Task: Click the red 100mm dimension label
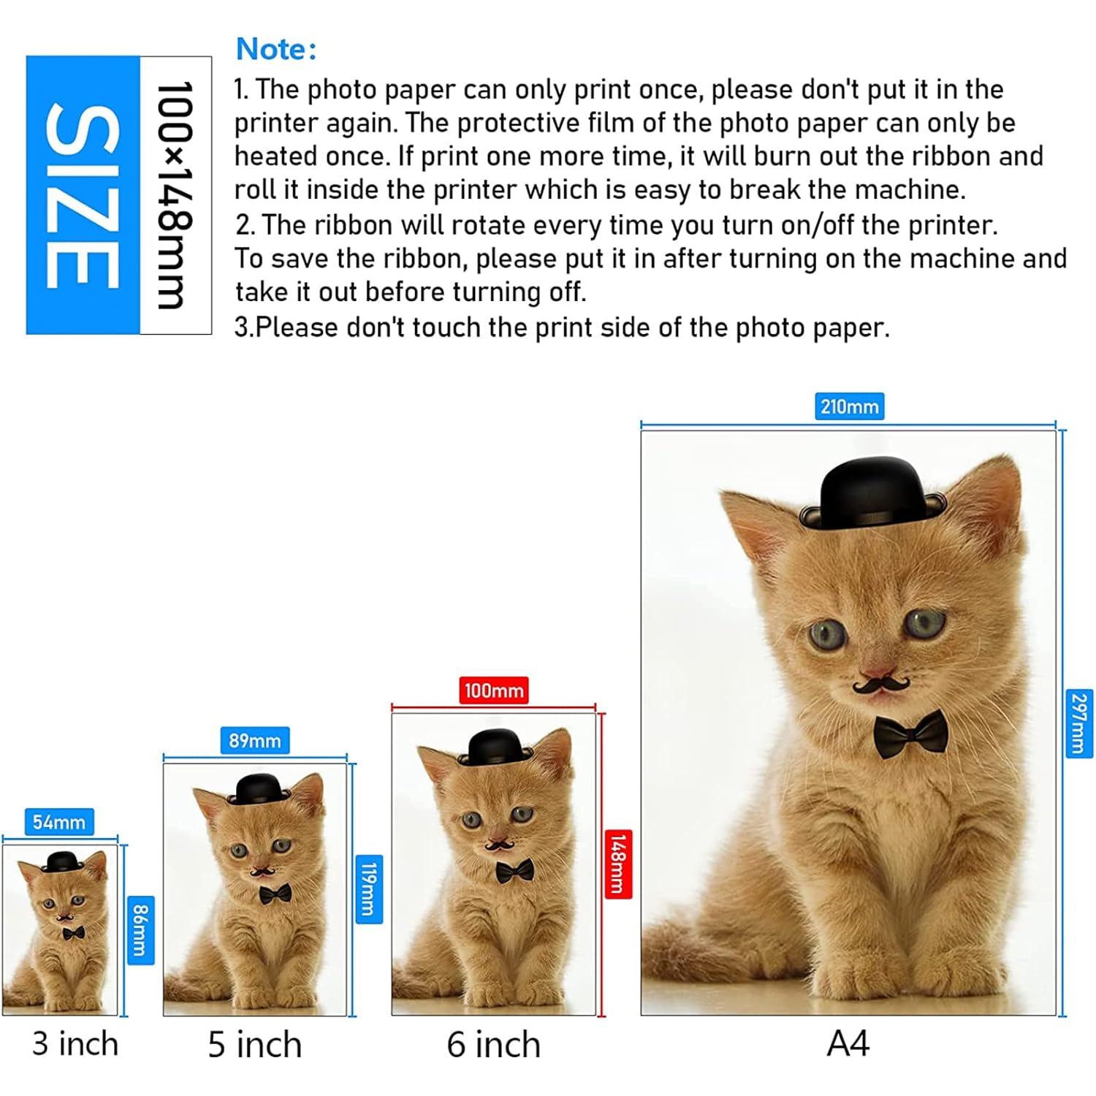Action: [x=494, y=690]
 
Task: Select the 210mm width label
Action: [x=849, y=406]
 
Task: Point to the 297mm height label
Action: [x=1079, y=723]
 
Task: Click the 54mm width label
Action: [x=59, y=822]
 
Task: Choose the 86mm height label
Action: [x=141, y=930]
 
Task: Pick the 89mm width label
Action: [x=255, y=740]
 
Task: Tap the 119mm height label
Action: [x=369, y=890]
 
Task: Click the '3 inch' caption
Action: [x=75, y=1044]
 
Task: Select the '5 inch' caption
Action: [x=255, y=1045]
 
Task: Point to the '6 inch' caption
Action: [x=494, y=1045]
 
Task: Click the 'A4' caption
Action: [x=848, y=1043]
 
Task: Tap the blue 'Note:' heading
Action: [x=276, y=49]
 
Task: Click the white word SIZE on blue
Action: [x=83, y=195]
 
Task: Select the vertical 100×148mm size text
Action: [x=175, y=195]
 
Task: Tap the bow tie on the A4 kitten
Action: [x=911, y=734]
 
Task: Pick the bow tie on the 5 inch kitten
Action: [x=275, y=894]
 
